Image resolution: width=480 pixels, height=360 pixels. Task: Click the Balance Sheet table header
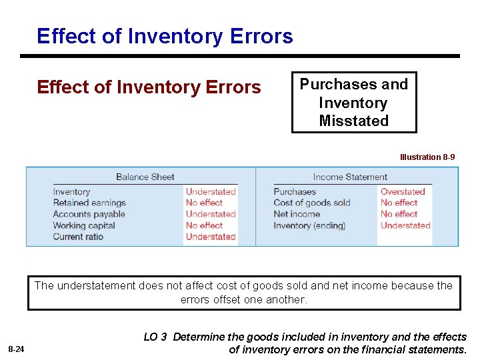click(145, 177)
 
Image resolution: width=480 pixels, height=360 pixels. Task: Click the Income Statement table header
click(350, 177)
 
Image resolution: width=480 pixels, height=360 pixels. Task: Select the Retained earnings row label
click(89, 203)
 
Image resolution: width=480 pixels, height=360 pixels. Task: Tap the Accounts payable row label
click(89, 214)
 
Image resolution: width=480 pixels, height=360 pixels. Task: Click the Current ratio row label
click(78, 237)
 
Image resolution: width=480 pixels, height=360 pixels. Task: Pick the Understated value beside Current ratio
click(211, 237)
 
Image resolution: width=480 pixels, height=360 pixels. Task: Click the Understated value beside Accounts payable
click(211, 214)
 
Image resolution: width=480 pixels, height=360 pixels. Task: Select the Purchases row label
click(295, 191)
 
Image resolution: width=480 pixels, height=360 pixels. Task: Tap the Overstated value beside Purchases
click(403, 191)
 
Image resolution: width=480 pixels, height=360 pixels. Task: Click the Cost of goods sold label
click(311, 203)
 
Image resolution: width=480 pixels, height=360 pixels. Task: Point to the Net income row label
click(297, 214)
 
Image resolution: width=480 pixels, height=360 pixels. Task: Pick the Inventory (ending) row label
click(309, 225)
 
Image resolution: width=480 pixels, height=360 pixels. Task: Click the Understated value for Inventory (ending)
click(405, 225)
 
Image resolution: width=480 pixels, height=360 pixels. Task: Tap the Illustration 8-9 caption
click(427, 157)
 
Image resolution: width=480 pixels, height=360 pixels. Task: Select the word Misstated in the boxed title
click(353, 121)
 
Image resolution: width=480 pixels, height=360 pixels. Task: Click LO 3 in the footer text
click(155, 337)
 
